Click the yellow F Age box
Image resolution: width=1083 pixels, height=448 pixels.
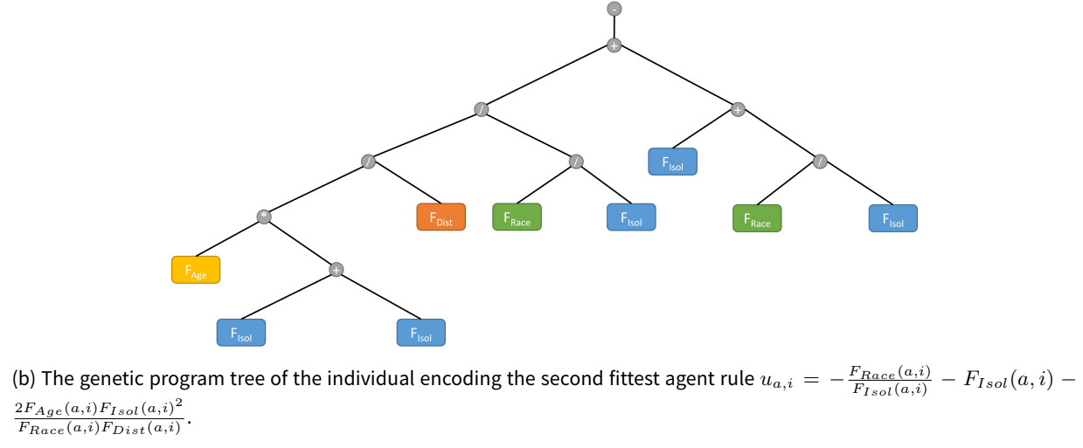tap(196, 270)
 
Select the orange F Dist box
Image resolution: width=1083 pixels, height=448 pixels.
tap(441, 217)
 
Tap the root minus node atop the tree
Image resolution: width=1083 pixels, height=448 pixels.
tap(614, 9)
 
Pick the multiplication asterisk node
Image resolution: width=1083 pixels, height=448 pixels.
tap(264, 217)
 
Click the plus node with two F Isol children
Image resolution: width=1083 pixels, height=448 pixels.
tap(337, 270)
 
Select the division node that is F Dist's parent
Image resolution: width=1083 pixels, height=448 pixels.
tap(368, 162)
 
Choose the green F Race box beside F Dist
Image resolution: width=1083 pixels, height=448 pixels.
tap(517, 217)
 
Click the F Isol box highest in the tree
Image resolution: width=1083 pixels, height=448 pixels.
tap(672, 162)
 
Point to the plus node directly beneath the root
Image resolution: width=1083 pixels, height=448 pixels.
tap(614, 45)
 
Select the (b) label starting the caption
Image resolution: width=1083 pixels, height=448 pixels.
tap(24, 379)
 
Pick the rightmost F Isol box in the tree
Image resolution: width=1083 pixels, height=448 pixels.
tap(893, 218)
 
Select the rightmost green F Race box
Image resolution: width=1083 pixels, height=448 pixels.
tap(757, 218)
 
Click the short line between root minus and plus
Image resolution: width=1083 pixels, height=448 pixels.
tap(614, 27)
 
